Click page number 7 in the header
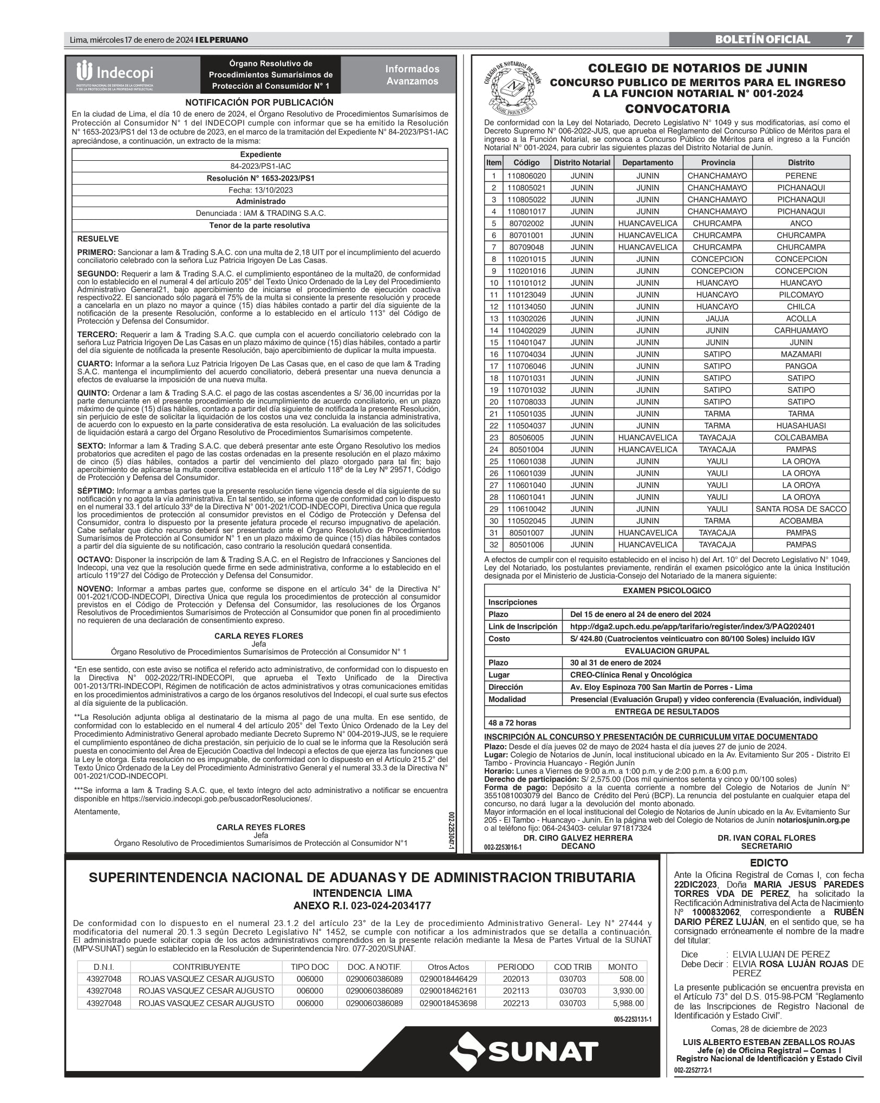click(x=849, y=40)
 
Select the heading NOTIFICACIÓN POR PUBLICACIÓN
click(x=259, y=102)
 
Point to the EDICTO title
click(x=768, y=863)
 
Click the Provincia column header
click(x=718, y=162)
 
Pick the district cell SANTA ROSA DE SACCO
click(x=800, y=509)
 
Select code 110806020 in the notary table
click(x=526, y=176)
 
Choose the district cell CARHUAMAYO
click(x=800, y=330)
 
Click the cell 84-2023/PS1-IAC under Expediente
click(x=259, y=166)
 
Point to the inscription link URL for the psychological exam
click(x=692, y=626)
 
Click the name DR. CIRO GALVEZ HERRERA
click(x=578, y=838)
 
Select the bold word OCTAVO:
click(x=95, y=559)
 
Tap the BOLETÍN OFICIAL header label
click(x=762, y=40)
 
